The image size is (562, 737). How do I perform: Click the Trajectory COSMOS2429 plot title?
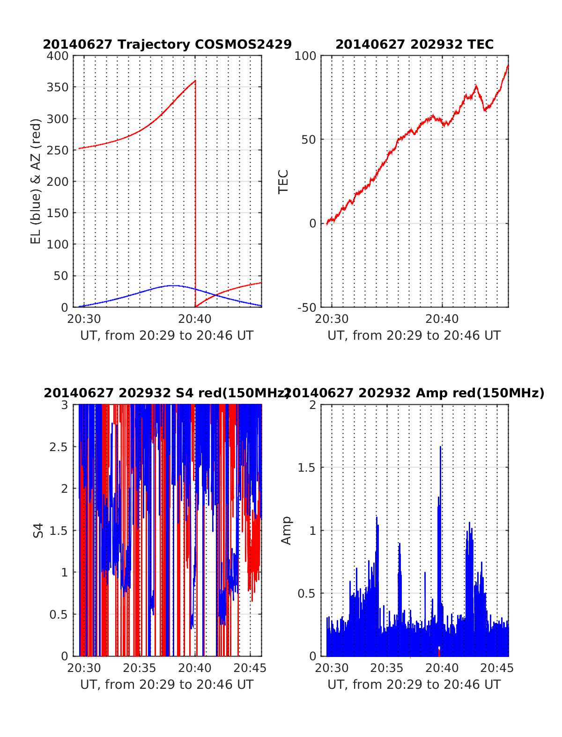click(x=167, y=44)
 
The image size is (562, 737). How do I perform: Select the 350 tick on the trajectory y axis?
click(x=58, y=88)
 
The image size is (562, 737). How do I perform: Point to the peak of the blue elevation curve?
click(x=173, y=285)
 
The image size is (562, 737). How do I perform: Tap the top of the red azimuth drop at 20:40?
click(x=195, y=81)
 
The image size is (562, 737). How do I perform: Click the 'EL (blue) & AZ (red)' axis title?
click(x=36, y=181)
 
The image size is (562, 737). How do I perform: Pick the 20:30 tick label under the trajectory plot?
click(x=84, y=319)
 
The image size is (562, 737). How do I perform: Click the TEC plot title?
click(x=414, y=44)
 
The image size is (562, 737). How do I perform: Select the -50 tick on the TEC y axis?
click(x=306, y=307)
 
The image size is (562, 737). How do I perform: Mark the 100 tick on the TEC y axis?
click(x=305, y=56)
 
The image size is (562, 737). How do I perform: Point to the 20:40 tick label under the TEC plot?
click(x=442, y=319)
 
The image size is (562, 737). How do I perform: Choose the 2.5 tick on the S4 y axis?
click(x=59, y=446)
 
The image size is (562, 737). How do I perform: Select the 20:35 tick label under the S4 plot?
click(x=140, y=668)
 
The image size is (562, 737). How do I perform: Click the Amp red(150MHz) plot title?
click(x=414, y=393)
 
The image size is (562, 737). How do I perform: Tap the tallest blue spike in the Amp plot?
click(x=440, y=447)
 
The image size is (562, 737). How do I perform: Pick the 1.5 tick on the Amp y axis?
click(x=306, y=467)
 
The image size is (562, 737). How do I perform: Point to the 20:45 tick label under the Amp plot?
click(x=497, y=668)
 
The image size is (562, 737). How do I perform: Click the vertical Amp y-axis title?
click(x=286, y=530)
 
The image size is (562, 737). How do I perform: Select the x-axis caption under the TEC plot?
click(x=414, y=336)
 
